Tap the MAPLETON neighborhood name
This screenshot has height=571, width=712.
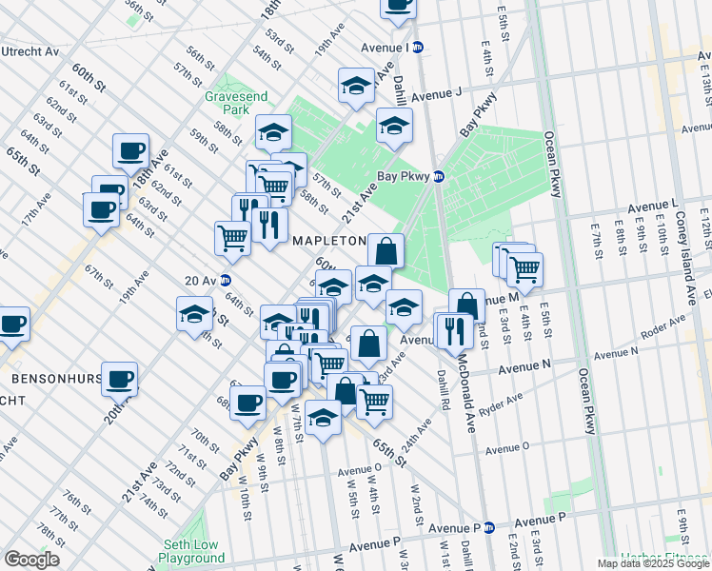(329, 241)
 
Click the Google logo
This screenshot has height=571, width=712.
(31, 559)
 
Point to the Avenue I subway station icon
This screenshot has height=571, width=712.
(417, 47)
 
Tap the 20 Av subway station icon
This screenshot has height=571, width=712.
(226, 280)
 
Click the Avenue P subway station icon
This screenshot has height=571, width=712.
(489, 527)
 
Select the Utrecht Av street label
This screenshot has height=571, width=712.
(30, 51)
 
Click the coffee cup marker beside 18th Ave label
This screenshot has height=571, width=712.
(130, 149)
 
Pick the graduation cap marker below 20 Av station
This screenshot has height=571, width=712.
(194, 313)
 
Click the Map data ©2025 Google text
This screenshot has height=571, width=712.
(652, 563)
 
